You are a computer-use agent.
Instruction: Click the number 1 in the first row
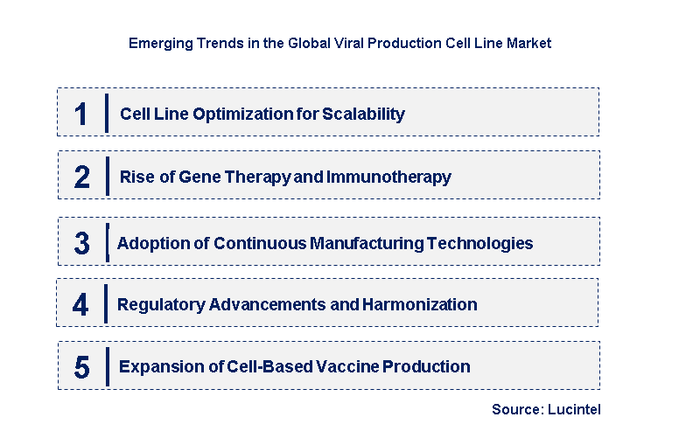point(81,114)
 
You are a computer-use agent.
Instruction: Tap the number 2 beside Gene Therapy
point(81,177)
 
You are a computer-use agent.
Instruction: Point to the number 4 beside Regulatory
point(81,305)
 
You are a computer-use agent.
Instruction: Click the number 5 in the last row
point(81,367)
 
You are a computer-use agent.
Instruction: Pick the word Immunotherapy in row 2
point(388,177)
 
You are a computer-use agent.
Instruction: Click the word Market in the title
point(530,43)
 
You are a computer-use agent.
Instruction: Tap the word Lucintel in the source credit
point(575,409)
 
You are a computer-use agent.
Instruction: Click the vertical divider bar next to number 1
point(106,114)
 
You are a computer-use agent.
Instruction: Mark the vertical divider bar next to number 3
point(107,242)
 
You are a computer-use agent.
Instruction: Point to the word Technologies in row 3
point(487,243)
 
